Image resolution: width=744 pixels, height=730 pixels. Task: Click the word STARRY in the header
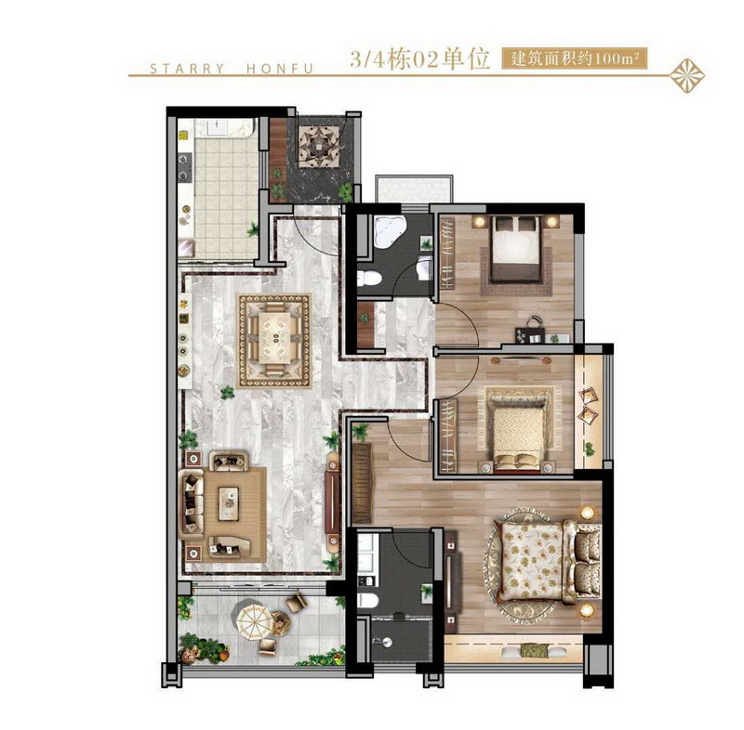pos(187,69)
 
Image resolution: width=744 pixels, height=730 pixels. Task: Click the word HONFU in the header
pos(280,69)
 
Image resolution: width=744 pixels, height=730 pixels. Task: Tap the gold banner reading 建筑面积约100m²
pos(574,59)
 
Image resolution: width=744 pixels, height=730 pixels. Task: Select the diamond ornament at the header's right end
pos(686,75)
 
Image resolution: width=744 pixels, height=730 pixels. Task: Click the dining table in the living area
pos(274,339)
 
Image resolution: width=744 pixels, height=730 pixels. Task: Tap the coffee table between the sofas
pos(229,503)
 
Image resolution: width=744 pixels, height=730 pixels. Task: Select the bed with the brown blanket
pos(516,249)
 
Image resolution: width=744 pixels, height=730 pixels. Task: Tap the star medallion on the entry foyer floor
pos(319,147)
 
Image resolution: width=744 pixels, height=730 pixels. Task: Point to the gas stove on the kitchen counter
pos(184,168)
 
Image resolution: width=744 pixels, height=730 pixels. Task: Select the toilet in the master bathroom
pos(367,601)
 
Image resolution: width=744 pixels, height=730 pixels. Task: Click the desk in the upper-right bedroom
pos(542,338)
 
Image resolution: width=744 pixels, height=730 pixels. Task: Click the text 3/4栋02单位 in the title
pos(419,59)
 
